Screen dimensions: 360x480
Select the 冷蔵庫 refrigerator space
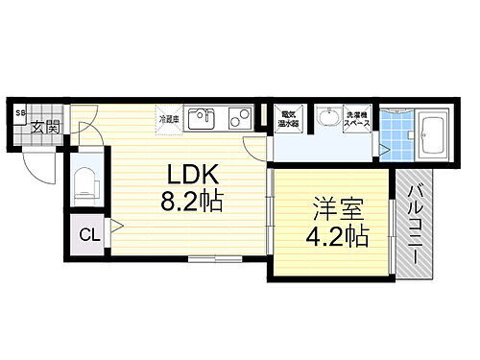pyautogui.click(x=169, y=119)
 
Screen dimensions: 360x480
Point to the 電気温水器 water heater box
pyautogui.click(x=287, y=118)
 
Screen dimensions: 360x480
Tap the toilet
pyautogui.click(x=84, y=180)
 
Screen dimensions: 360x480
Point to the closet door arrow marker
pyautogui.click(x=114, y=228)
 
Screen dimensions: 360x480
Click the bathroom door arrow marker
pyautogui.click(x=383, y=150)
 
